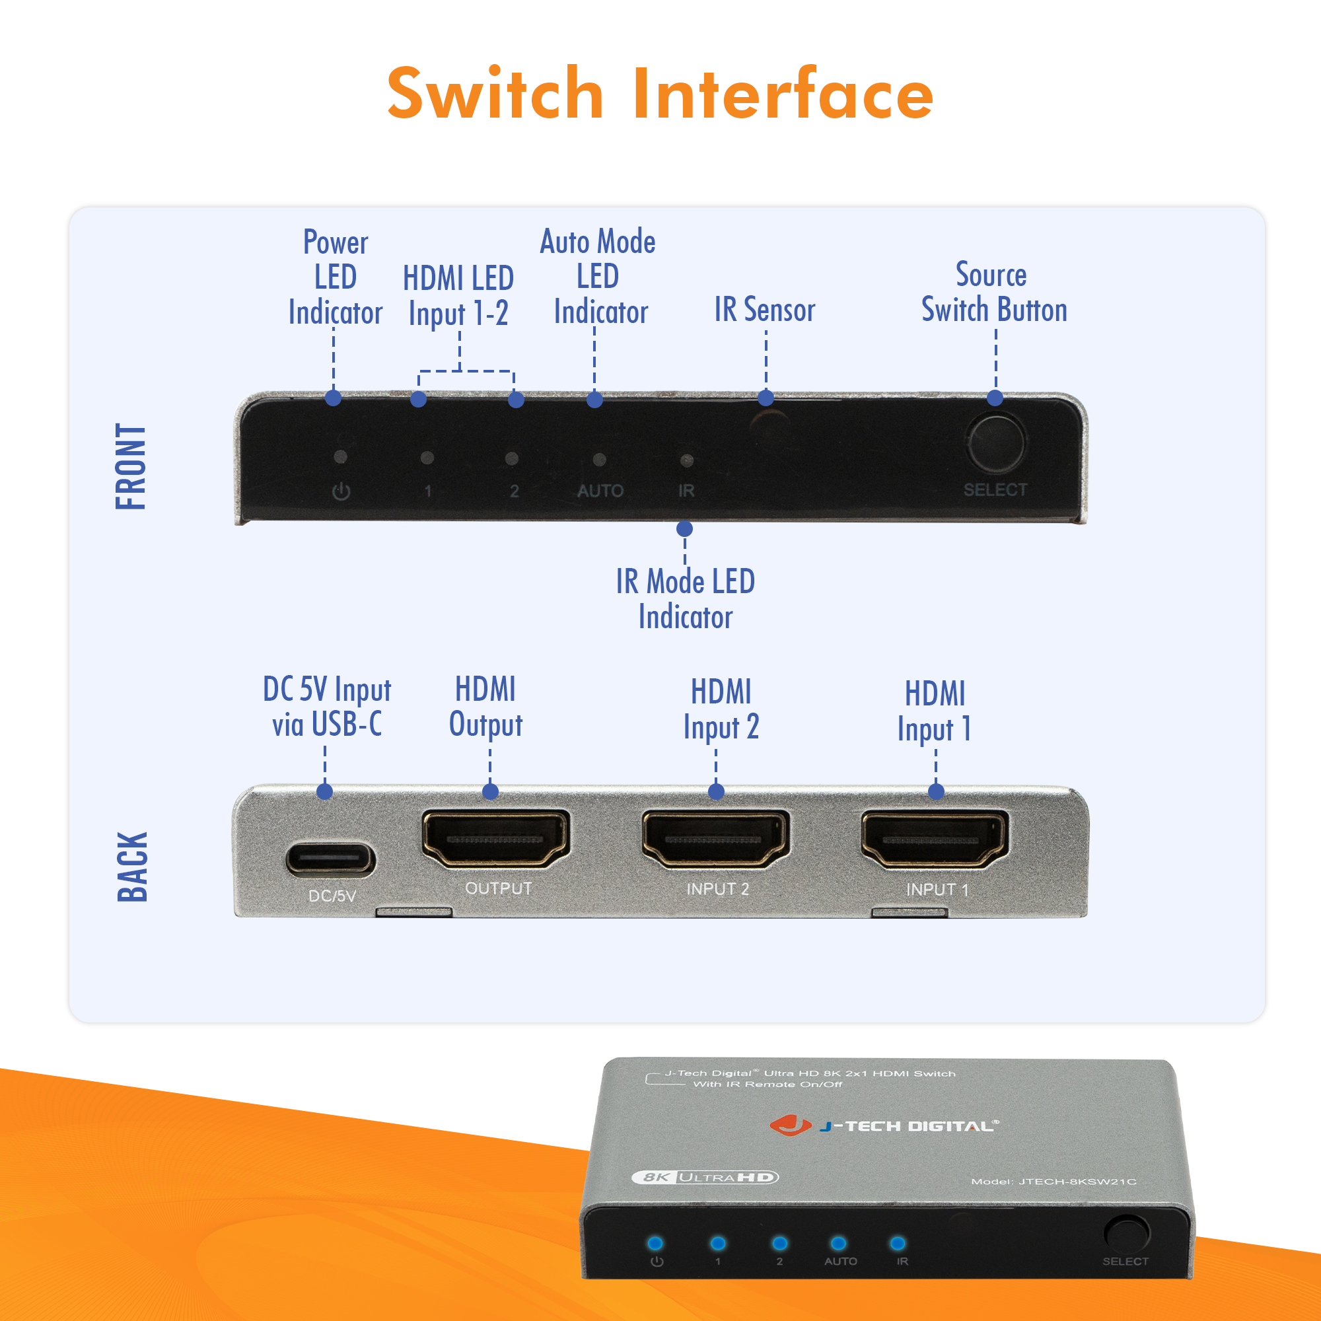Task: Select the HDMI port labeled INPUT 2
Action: tap(715, 838)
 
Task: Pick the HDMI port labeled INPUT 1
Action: tap(934, 839)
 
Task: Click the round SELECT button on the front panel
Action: tap(995, 443)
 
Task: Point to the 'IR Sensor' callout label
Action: tap(764, 310)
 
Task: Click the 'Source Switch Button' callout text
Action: tap(993, 293)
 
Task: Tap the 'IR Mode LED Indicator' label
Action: tap(685, 599)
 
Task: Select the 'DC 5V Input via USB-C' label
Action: tap(327, 706)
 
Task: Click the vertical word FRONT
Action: tap(131, 466)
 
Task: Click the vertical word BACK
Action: tap(132, 867)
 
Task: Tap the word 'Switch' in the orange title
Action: tap(495, 94)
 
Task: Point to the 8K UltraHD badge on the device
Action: tap(705, 1177)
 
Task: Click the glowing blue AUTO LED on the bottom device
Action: tap(838, 1243)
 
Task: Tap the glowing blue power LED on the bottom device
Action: tap(655, 1242)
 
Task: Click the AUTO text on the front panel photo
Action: tap(600, 491)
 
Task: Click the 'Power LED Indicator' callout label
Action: tap(335, 277)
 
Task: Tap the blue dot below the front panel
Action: tap(684, 528)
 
